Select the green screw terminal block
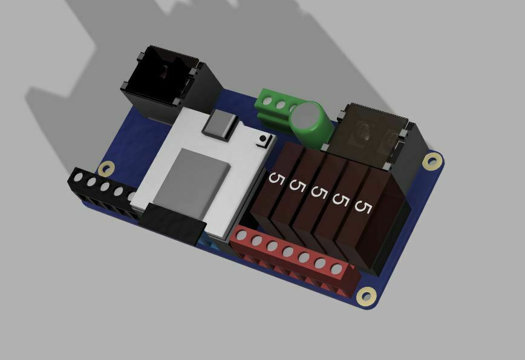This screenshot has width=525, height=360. pos(275,109)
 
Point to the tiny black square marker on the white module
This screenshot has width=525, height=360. pos(262,140)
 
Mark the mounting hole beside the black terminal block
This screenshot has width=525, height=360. pos(108,169)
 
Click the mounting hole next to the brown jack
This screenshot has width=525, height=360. pos(431,161)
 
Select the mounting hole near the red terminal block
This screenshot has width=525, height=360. pos(365,296)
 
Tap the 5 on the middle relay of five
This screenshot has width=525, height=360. pos(318,192)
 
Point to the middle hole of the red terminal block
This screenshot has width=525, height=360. pos(288,252)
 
